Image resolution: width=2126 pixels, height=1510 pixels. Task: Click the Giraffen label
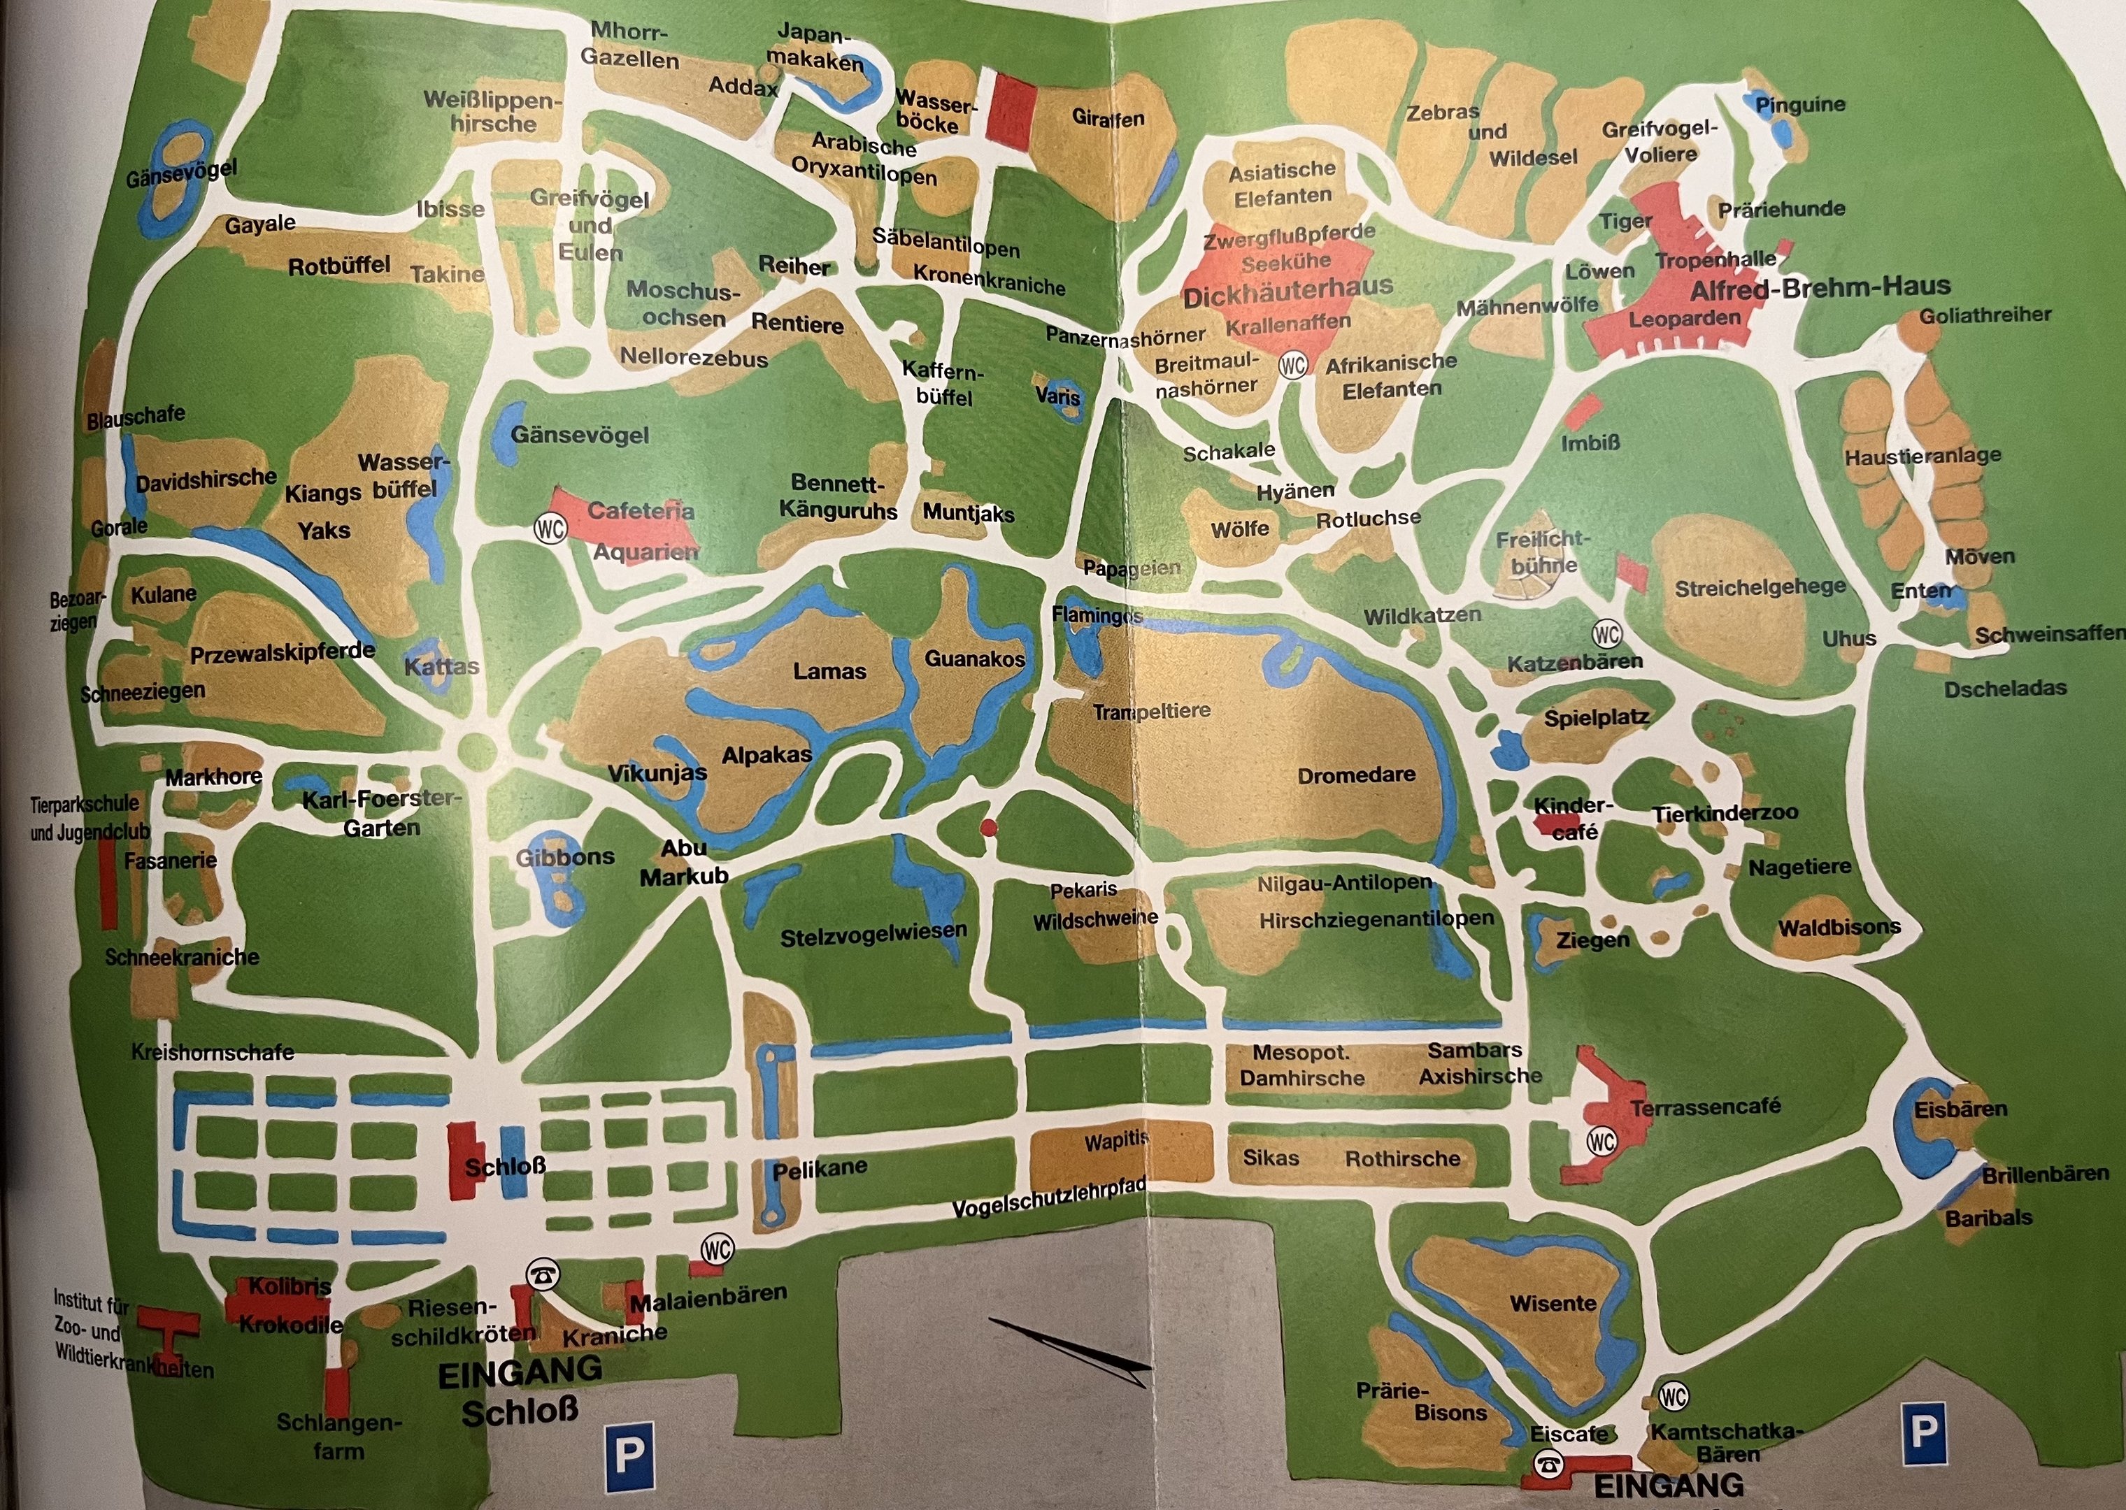click(1108, 118)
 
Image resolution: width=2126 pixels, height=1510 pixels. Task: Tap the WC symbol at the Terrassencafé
click(1601, 1141)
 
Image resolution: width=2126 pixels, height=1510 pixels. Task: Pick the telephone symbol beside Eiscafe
click(1548, 1463)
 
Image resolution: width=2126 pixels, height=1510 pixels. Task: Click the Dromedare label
click(1356, 775)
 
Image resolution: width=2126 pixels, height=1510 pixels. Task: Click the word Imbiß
click(1590, 443)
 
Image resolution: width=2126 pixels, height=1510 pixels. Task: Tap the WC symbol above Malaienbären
click(716, 1249)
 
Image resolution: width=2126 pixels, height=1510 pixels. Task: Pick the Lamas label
click(829, 671)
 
